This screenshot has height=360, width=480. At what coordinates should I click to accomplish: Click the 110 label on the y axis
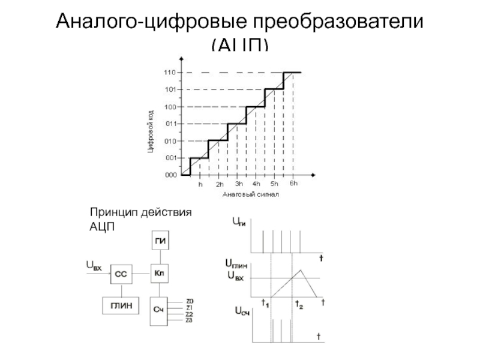[169, 73]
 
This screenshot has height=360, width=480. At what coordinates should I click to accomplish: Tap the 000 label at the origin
[171, 175]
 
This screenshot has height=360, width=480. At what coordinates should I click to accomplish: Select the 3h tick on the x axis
[239, 184]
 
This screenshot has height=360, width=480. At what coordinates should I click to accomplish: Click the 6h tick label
[293, 184]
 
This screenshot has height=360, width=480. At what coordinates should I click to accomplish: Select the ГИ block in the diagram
[160, 242]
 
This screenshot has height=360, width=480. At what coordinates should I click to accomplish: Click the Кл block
[160, 274]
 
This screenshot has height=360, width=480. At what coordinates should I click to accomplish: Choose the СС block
[121, 275]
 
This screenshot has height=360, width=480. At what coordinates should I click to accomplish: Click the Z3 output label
[190, 320]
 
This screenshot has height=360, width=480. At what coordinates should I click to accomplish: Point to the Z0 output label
[190, 301]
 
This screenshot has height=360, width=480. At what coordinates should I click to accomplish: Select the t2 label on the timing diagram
[299, 304]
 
